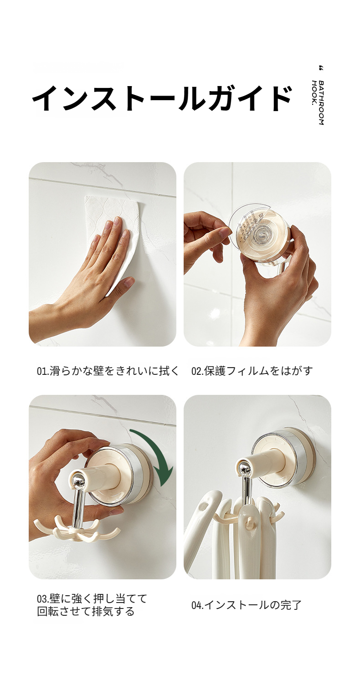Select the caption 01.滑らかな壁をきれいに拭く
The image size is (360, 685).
click(108, 371)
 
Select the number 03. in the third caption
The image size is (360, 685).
click(41, 599)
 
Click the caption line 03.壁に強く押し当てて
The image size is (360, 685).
click(92, 599)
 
